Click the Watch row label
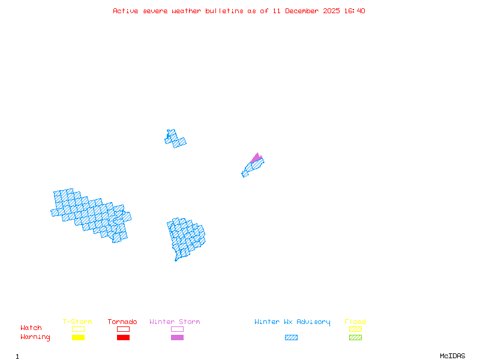pos(31,328)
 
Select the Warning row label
pos(35,337)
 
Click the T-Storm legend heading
pos(77,322)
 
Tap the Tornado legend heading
pos(122,322)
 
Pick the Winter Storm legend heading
pos(175,322)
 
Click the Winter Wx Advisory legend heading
pos(292,322)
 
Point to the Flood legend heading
pos(355,322)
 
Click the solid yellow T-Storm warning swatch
pos(78,338)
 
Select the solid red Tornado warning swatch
pos(123,338)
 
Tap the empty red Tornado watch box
pos(123,329)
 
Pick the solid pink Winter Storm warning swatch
pos(177,338)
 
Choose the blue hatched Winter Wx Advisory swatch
pos(291,338)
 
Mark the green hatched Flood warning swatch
pos(355,338)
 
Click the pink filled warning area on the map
pos(256,158)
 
